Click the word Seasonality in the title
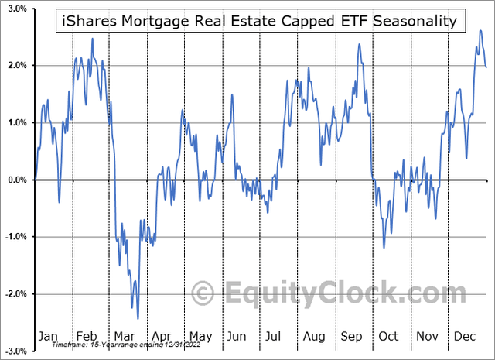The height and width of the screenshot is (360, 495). (415, 21)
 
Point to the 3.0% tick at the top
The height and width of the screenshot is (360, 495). (15, 9)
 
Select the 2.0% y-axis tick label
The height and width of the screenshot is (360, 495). (15, 66)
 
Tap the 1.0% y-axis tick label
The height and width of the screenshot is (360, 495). (15, 123)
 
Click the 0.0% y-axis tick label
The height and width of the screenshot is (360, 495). (15, 180)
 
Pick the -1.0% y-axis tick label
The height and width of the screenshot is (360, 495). (14, 237)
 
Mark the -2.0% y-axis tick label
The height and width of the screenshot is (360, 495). (14, 294)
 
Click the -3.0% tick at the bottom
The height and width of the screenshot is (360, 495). (14, 351)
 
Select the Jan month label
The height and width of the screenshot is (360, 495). (47, 336)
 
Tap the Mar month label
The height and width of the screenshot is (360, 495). (124, 336)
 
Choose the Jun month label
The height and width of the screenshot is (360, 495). (237, 336)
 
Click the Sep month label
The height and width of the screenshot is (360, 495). (351, 336)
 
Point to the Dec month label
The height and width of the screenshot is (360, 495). (464, 336)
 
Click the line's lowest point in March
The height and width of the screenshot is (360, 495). (138, 318)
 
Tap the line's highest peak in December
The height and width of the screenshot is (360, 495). (480, 31)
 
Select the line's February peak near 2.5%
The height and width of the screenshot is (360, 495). (92, 38)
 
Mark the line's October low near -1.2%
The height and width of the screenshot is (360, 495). (384, 248)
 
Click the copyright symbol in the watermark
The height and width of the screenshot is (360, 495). (203, 294)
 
